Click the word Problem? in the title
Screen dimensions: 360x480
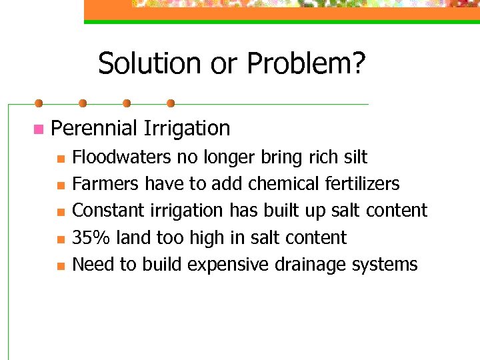click(306, 64)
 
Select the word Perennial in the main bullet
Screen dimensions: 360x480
click(94, 128)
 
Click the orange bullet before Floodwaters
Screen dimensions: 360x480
click(60, 159)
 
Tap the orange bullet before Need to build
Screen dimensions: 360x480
click(60, 266)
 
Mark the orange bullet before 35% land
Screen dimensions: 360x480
click(60, 239)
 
